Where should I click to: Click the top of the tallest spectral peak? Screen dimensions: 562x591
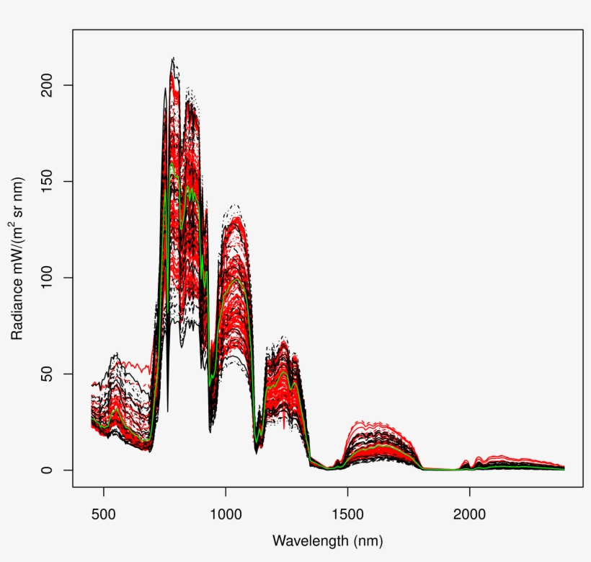point(173,58)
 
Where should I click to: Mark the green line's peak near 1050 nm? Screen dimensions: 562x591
point(236,278)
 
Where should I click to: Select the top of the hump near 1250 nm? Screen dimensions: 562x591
point(283,338)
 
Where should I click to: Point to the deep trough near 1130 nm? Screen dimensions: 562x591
point(256,451)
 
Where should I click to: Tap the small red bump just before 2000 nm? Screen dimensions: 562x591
point(466,460)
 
